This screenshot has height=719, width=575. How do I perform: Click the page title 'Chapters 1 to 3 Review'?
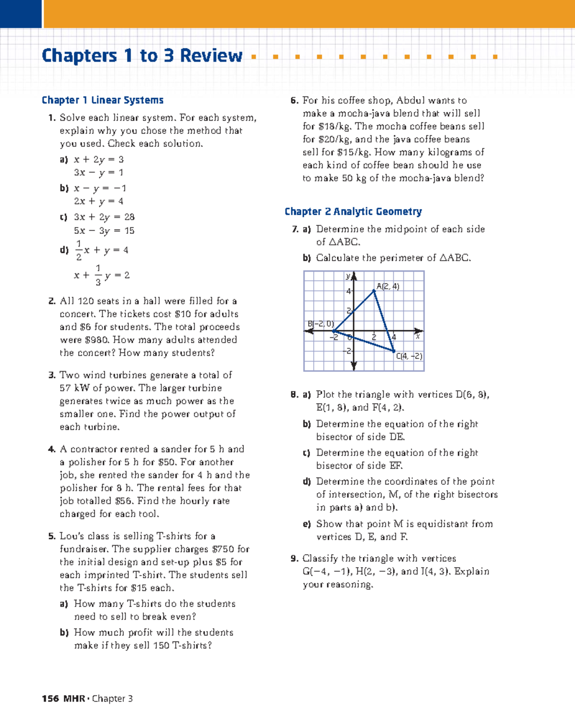tap(142, 56)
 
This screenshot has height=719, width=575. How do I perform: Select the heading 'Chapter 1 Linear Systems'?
tap(103, 100)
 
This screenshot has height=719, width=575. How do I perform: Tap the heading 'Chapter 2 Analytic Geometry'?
tap(353, 211)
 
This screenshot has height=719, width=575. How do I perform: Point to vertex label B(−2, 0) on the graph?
tap(321, 324)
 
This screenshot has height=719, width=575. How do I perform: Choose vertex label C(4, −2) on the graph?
tap(409, 356)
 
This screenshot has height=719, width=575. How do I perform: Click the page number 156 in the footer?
tap(50, 698)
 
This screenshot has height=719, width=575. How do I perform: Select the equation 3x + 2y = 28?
tap(104, 217)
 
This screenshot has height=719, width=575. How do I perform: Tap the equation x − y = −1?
tap(100, 188)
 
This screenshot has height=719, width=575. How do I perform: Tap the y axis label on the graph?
tap(348, 277)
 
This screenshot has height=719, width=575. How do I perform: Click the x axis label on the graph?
tap(418, 337)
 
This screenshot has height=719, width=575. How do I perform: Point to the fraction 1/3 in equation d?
tap(98, 275)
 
